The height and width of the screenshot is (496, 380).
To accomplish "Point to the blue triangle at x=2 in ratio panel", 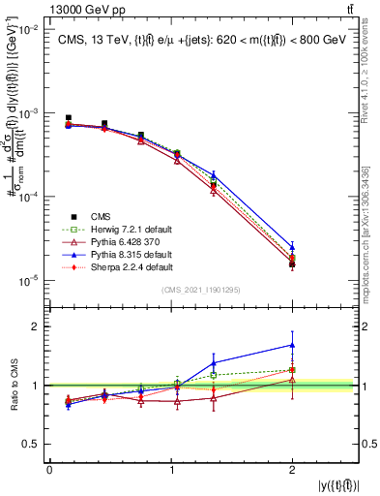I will [x=292, y=345].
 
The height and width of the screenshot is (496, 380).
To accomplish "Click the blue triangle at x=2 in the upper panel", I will [x=292, y=247].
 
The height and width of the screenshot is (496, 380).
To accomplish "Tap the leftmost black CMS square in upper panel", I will [x=68, y=118].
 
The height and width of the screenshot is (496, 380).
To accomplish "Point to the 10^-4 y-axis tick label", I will [x=30, y=198].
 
